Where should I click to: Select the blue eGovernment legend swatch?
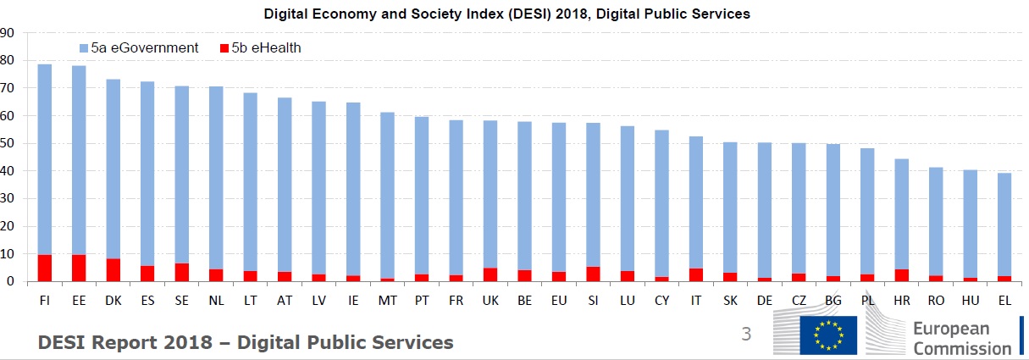(x=83, y=48)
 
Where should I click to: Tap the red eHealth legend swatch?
(x=224, y=48)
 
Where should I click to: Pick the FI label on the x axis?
(x=44, y=300)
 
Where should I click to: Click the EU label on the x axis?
(x=559, y=300)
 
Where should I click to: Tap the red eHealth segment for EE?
(x=79, y=268)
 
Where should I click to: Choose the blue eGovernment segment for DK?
(x=113, y=169)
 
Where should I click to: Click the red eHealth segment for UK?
(x=490, y=274)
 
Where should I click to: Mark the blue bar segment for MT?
(x=387, y=195)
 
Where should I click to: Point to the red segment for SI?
(x=593, y=274)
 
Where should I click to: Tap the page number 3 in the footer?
(x=746, y=335)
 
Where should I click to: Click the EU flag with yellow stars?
(x=827, y=335)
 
